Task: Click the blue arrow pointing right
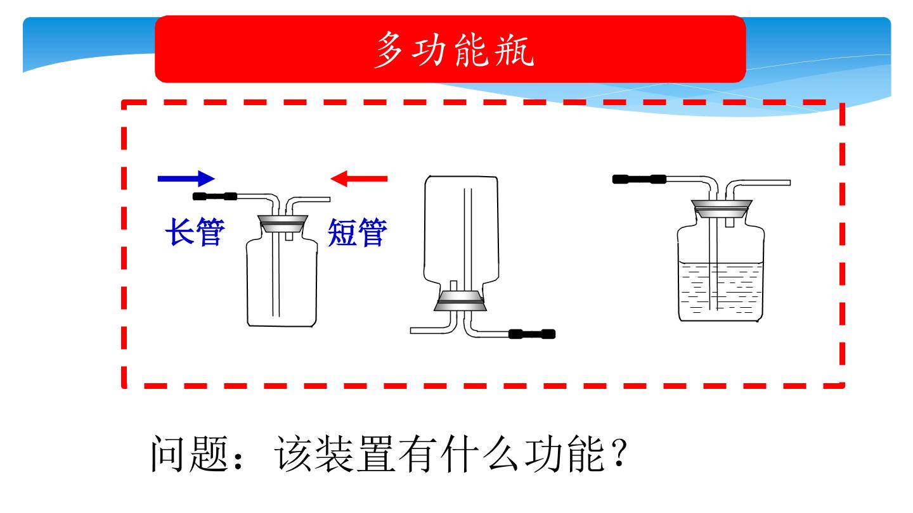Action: [x=186, y=179]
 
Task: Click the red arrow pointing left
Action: [x=359, y=179]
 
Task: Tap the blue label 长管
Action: [x=195, y=232]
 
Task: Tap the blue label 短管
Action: [x=358, y=232]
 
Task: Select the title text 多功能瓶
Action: [x=454, y=49]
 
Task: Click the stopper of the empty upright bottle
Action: [x=283, y=224]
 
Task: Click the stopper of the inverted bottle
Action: [x=460, y=301]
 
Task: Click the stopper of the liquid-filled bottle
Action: [x=722, y=208]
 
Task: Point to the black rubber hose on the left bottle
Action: [x=215, y=196]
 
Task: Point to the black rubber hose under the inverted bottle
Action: [x=532, y=334]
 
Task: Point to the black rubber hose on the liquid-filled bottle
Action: [x=639, y=179]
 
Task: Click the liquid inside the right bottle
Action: [x=720, y=291]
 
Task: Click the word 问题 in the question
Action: [x=189, y=453]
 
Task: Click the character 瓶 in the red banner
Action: [x=514, y=49]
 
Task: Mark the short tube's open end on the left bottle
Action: [x=328, y=199]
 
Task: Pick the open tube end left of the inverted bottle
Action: [x=411, y=331]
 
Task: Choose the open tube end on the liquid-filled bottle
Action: [x=789, y=183]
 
